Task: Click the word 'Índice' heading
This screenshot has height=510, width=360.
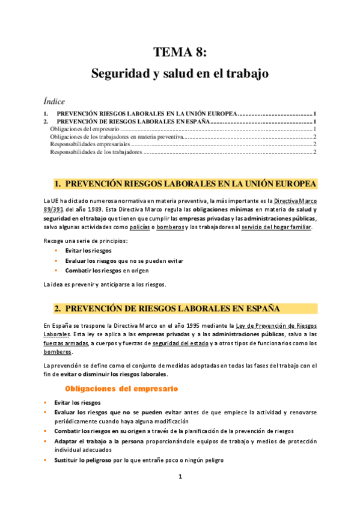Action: tap(54, 101)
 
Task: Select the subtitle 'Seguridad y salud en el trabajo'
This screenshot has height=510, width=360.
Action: tap(180, 74)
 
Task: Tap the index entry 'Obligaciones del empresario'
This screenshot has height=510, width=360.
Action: tap(85, 129)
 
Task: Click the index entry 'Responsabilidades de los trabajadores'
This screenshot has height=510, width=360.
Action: tap(96, 152)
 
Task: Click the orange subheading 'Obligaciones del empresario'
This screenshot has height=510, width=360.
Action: tap(121, 372)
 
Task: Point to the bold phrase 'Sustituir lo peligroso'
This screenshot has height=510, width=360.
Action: tap(87, 459)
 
